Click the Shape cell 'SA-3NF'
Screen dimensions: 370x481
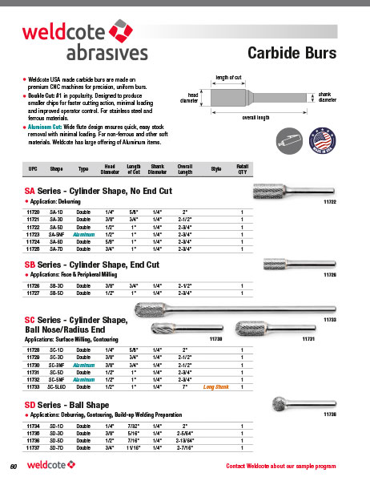coord(58,233)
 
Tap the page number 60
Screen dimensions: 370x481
coord(14,466)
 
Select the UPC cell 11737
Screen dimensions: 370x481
coord(34,447)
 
